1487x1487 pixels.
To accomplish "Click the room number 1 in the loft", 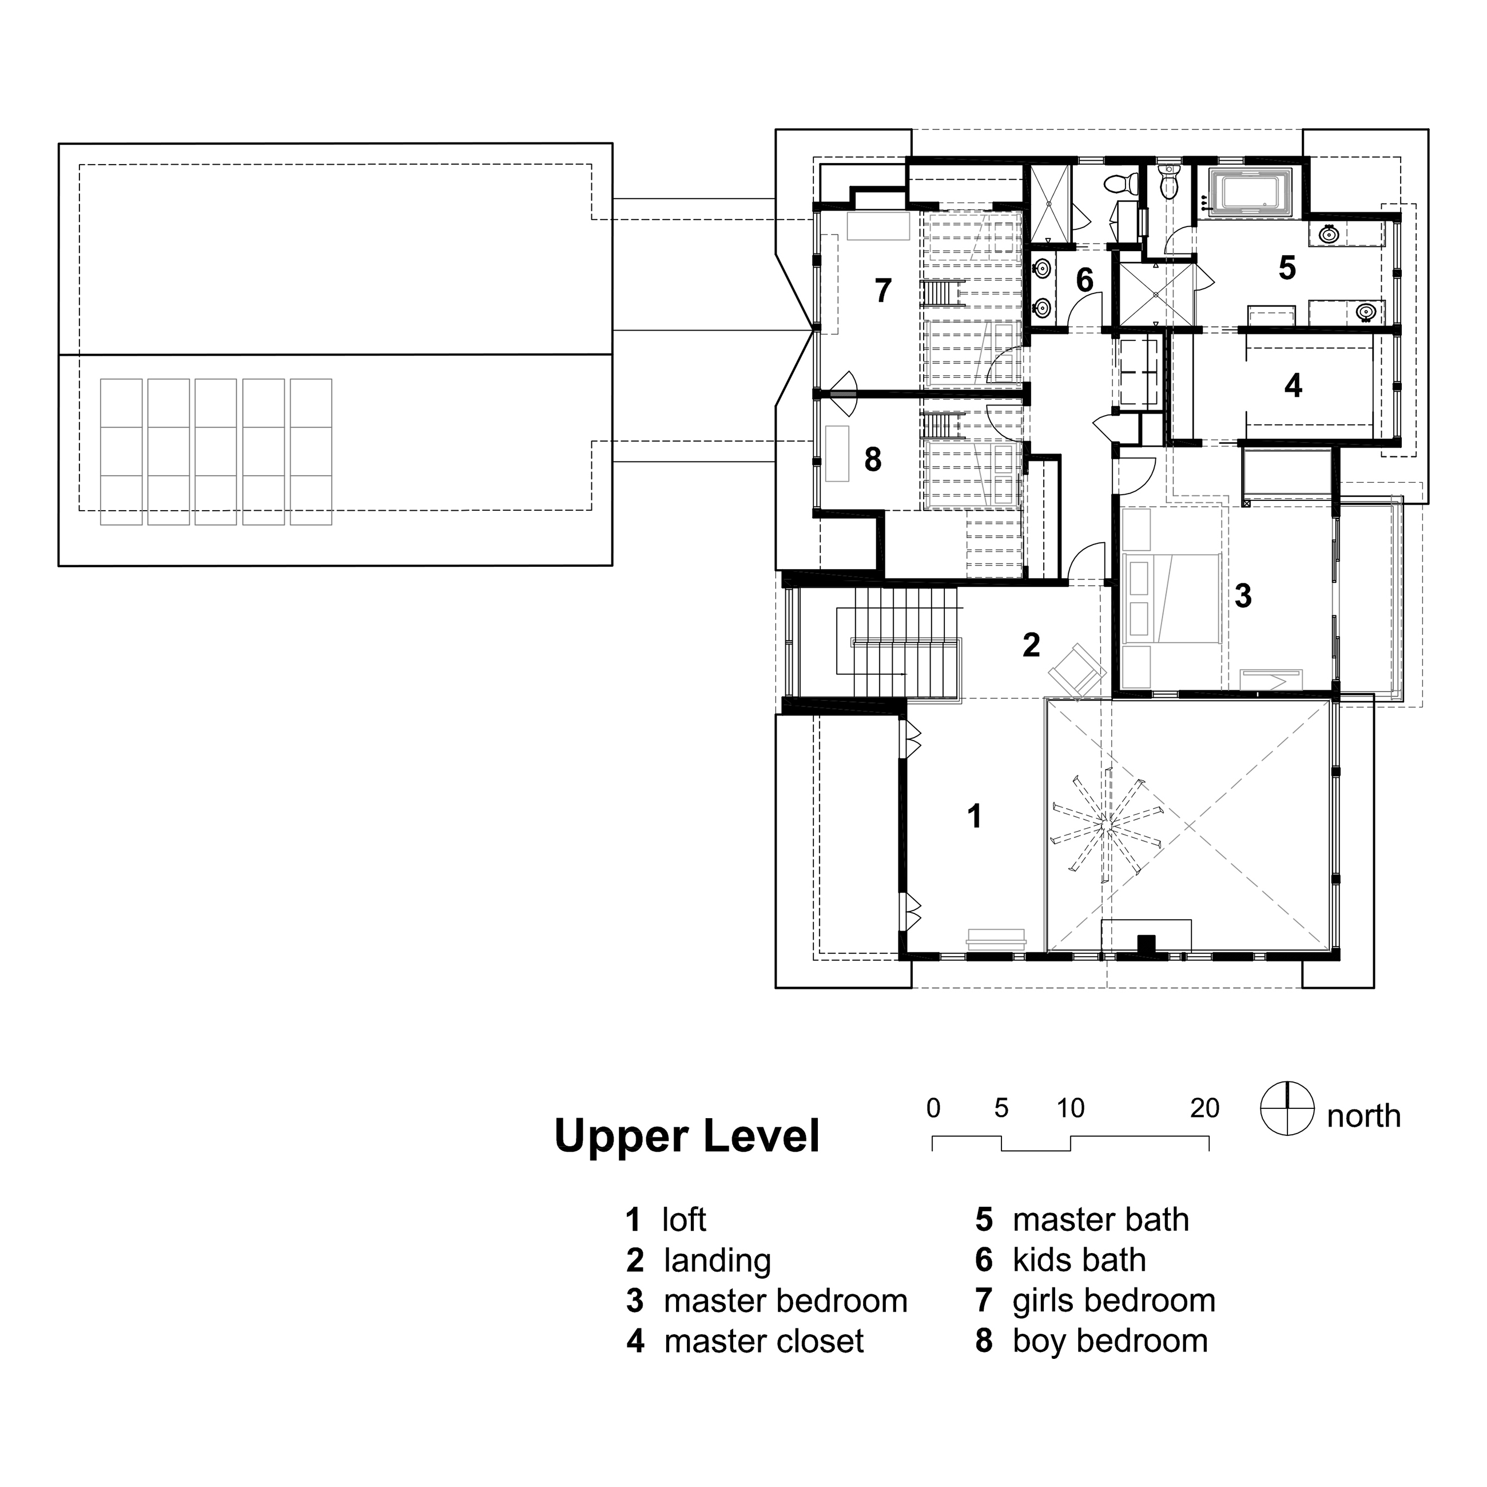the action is [975, 817].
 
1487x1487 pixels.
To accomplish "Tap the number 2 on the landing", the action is [1031, 645].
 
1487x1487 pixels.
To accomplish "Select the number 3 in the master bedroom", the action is [1243, 596].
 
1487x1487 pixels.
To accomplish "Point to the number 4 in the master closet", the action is [1293, 385].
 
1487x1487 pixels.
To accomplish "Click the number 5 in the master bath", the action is [1287, 268].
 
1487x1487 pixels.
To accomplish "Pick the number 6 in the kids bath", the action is [1084, 280].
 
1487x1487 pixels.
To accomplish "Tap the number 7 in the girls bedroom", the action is [883, 291].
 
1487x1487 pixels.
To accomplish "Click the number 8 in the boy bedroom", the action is [872, 459].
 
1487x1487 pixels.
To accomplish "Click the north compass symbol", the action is [1286, 1108].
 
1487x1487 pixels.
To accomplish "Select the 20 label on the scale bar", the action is [1204, 1108].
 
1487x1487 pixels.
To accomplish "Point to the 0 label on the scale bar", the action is [933, 1108].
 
